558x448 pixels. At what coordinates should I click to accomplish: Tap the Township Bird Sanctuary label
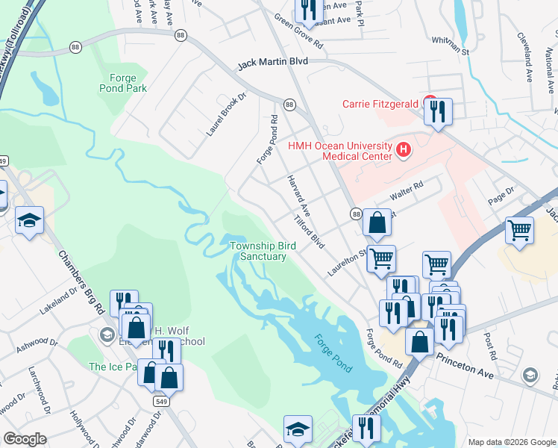258,251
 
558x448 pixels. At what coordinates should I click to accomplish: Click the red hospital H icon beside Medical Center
404,151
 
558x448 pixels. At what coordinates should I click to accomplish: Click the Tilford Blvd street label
310,233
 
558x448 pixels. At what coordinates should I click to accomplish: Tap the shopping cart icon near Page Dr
519,230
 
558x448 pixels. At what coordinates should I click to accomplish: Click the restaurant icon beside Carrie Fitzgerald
437,112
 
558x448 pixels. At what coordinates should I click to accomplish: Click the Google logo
25,439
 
